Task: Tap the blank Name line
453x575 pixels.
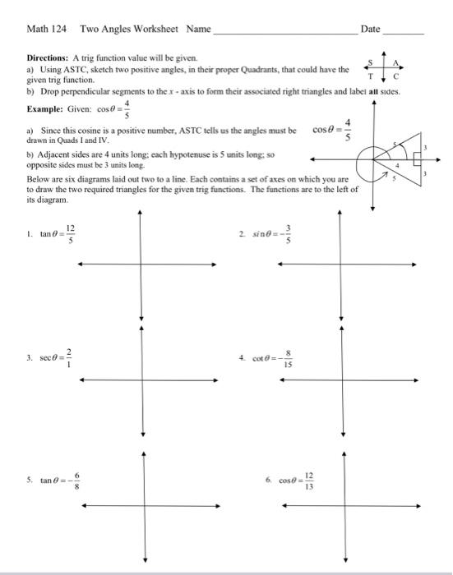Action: click(284, 32)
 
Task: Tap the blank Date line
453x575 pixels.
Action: click(404, 32)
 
